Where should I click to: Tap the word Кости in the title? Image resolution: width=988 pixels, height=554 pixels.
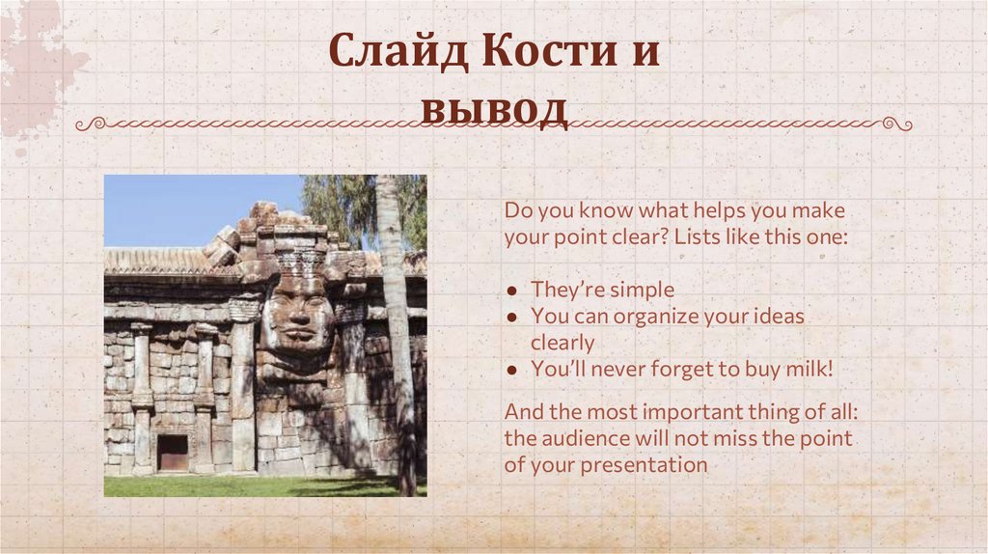pos(549,50)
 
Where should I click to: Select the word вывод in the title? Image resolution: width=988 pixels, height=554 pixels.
pos(494,109)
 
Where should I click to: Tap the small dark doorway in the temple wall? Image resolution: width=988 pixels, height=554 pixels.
pos(173,453)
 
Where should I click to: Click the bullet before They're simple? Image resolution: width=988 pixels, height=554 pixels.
pos(512,291)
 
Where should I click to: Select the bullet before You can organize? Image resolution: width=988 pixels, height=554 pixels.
pos(512,317)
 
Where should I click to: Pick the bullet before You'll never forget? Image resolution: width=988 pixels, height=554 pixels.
pos(512,370)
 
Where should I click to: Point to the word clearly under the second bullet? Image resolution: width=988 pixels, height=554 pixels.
pos(563,344)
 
